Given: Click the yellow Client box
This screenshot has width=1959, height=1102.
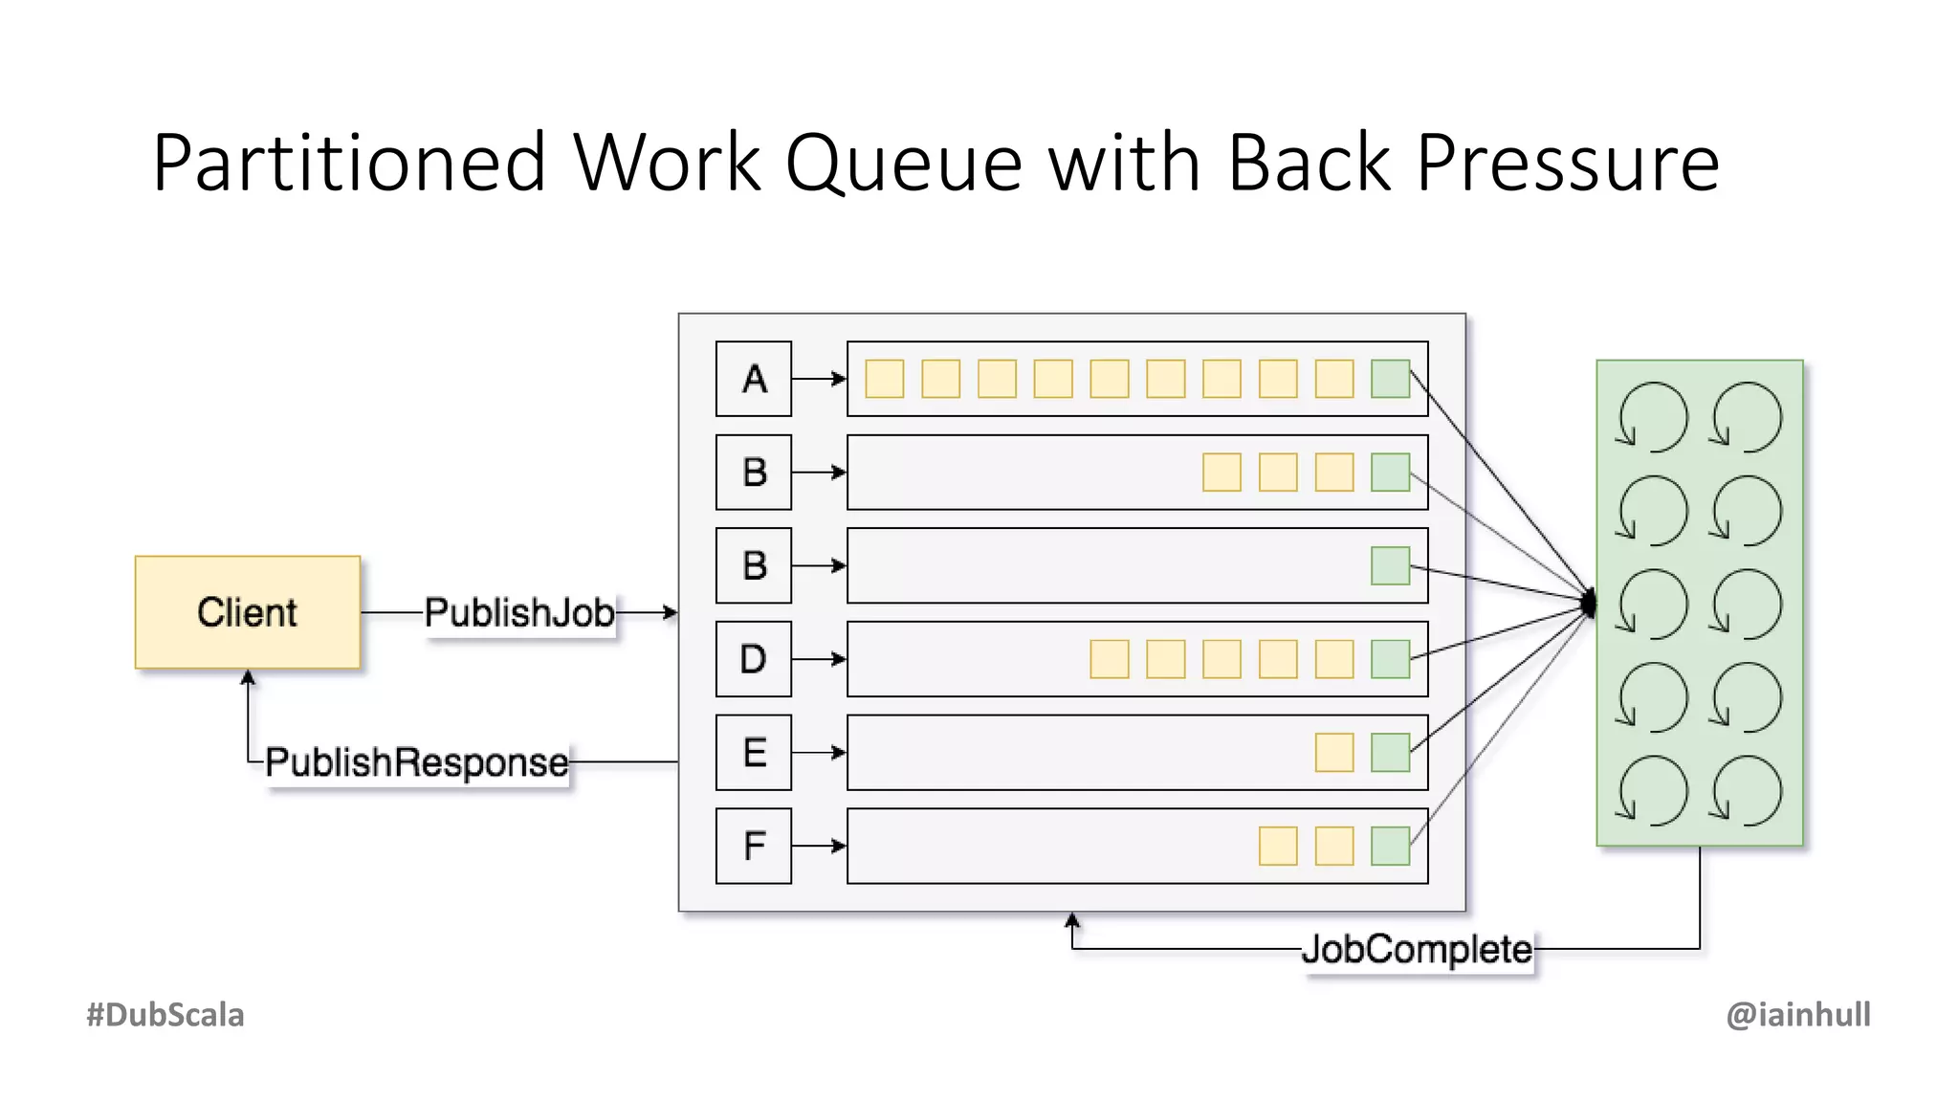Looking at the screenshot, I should pos(248,612).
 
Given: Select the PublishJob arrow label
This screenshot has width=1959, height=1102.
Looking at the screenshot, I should pos(519,613).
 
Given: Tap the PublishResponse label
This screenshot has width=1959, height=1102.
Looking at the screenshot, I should pos(416,762).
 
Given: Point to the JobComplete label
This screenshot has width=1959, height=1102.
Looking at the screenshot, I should pos(1417,950).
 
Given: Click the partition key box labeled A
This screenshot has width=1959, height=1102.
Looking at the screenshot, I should pos(754,379).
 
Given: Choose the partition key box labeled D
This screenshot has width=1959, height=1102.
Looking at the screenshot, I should pos(754,659).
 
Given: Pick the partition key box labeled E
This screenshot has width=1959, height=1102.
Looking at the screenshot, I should pos(754,753).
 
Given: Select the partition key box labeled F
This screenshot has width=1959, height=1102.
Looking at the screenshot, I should pos(754,846).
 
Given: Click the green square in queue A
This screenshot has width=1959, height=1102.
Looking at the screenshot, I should pos(1390,379).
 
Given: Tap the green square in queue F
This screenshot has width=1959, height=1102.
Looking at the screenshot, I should pos(1390,846).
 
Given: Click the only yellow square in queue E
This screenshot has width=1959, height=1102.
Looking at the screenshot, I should pos(1334,753).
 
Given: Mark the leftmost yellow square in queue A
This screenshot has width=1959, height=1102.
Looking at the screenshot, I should pos(885,379).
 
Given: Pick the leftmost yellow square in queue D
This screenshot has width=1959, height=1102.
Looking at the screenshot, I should pos(1110,659).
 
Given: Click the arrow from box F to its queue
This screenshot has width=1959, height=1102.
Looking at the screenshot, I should pos(819,846).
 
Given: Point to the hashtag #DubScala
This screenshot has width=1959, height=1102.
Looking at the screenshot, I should pos(165,1015).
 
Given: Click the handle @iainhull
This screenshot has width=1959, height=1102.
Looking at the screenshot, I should pos(1798,1015).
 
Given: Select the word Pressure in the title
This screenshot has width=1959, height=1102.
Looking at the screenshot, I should pos(1569,163).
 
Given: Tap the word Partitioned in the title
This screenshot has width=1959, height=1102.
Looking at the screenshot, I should pos(349,163).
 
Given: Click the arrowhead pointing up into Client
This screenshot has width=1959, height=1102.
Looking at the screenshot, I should pos(248,677).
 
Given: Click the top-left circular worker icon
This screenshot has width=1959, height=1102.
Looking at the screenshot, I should pos(1653,417).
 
